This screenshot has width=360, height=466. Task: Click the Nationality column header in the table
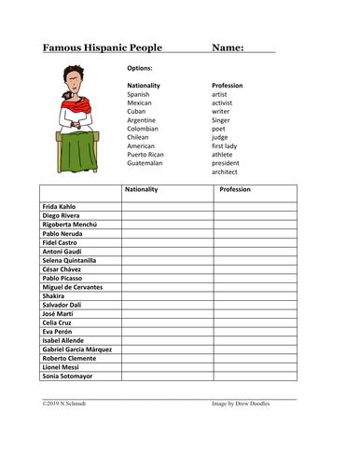tap(141, 189)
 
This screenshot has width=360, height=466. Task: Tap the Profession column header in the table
tap(234, 189)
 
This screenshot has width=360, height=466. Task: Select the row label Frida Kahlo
tap(60, 206)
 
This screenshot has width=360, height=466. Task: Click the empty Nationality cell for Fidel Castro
tap(166, 242)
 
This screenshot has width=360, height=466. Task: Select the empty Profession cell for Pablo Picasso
tap(255, 278)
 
